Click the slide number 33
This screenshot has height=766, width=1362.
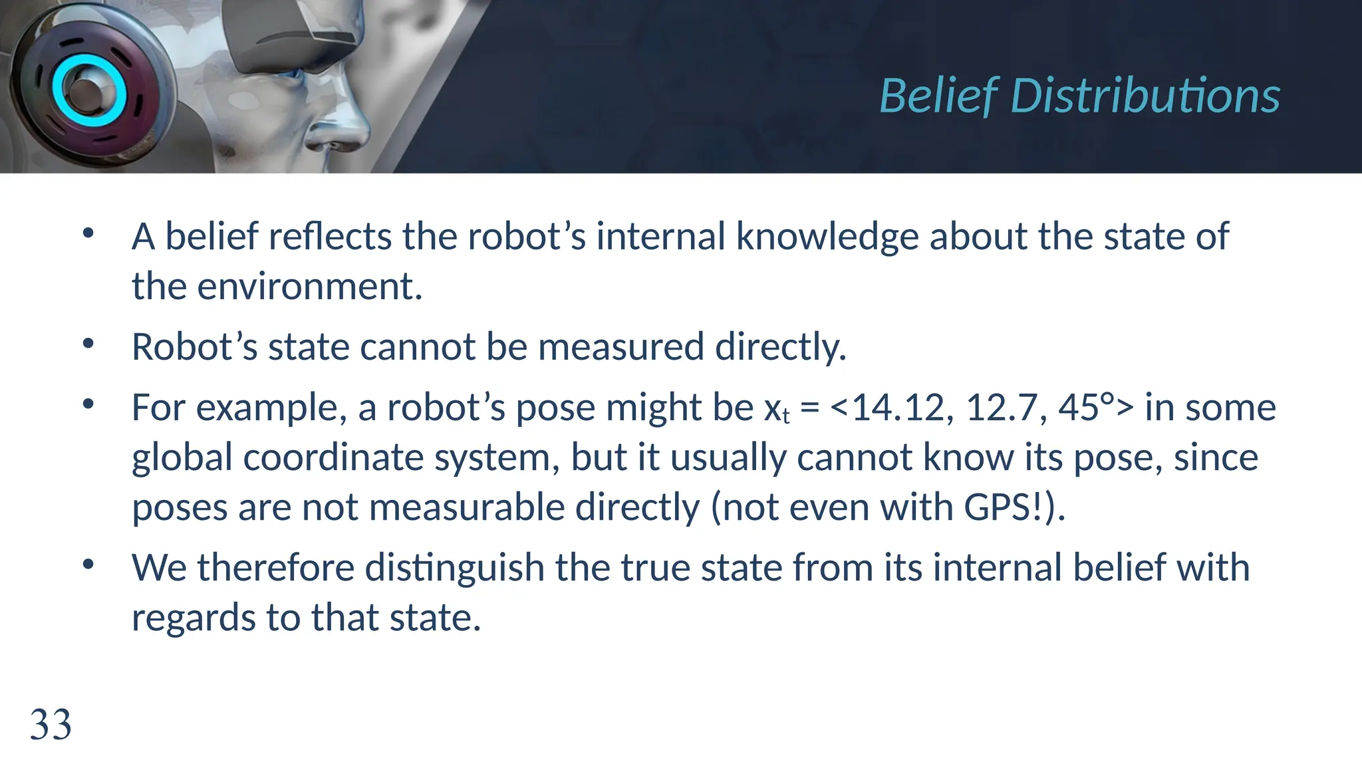point(51,725)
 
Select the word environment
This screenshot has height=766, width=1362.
point(310,287)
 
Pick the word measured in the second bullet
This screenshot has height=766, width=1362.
point(621,347)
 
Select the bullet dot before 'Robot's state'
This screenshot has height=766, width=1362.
point(88,344)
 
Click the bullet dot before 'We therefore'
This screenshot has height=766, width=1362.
point(88,565)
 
